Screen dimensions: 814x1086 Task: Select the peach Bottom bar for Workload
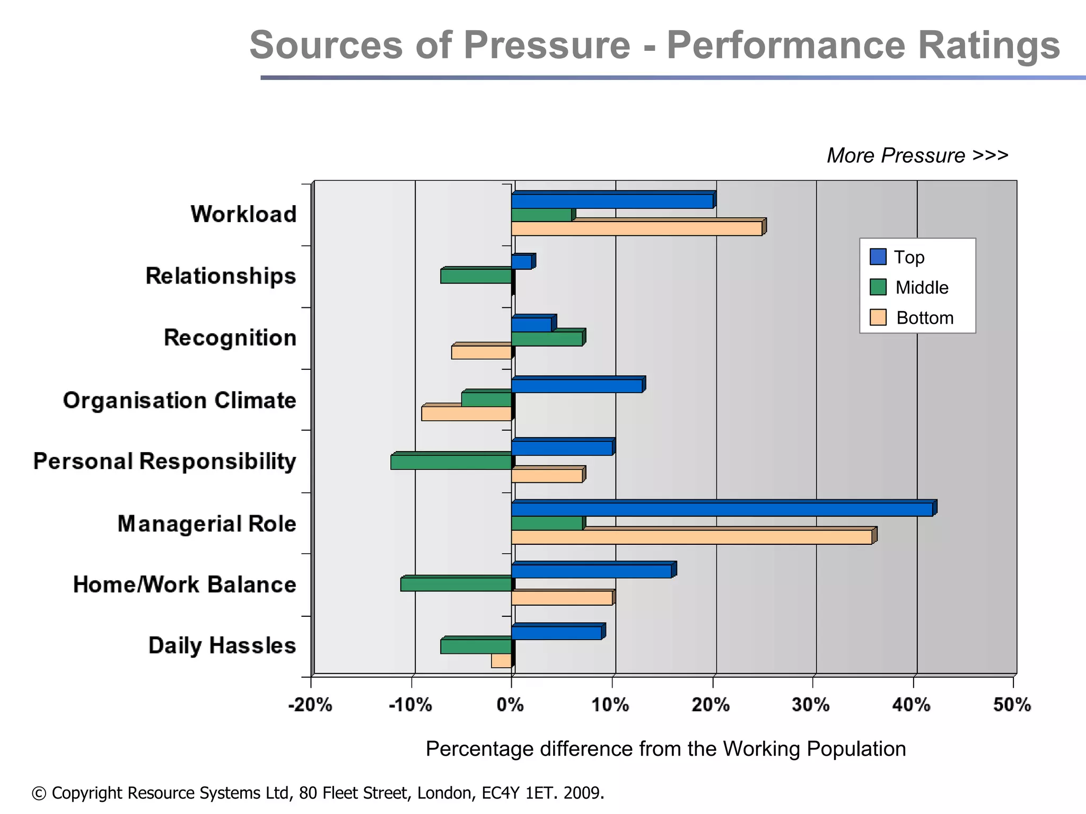[636, 228]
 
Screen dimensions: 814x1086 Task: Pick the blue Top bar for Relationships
[522, 262]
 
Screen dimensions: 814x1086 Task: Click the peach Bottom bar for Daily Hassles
[502, 661]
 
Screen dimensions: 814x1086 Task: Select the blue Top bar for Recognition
[532, 324]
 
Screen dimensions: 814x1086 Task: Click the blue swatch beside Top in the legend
[878, 257]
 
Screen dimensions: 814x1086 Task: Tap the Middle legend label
[922, 288]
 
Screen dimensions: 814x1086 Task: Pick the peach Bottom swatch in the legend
[878, 317]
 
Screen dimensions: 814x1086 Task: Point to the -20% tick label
[310, 705]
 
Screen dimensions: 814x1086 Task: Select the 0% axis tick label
[510, 705]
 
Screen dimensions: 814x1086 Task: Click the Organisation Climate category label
[179, 401]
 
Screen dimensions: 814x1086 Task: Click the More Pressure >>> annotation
[917, 156]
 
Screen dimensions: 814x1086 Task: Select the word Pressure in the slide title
[547, 46]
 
